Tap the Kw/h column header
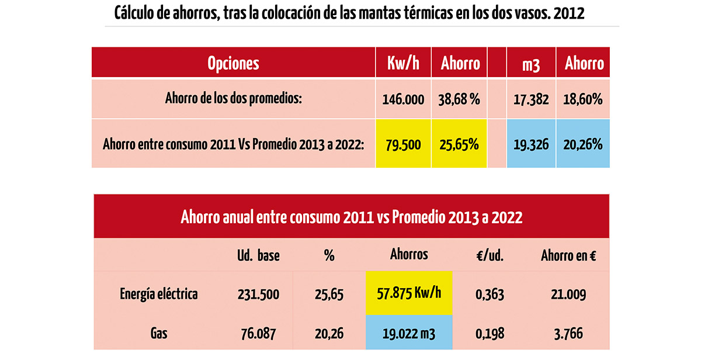(403, 63)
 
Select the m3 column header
(531, 65)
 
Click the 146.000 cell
(403, 99)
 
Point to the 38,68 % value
(459, 99)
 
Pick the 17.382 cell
(531, 99)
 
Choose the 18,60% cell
(583, 99)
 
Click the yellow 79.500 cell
(403, 143)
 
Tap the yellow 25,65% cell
(459, 143)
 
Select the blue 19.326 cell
(531, 143)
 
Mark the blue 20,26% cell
(583, 143)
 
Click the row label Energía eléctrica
(159, 295)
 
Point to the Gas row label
(159, 333)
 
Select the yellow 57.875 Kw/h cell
(409, 293)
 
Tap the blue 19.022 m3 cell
(409, 332)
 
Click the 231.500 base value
(258, 295)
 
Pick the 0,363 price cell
(490, 295)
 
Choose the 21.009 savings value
(568, 295)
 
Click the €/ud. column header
(490, 256)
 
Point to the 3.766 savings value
(568, 334)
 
